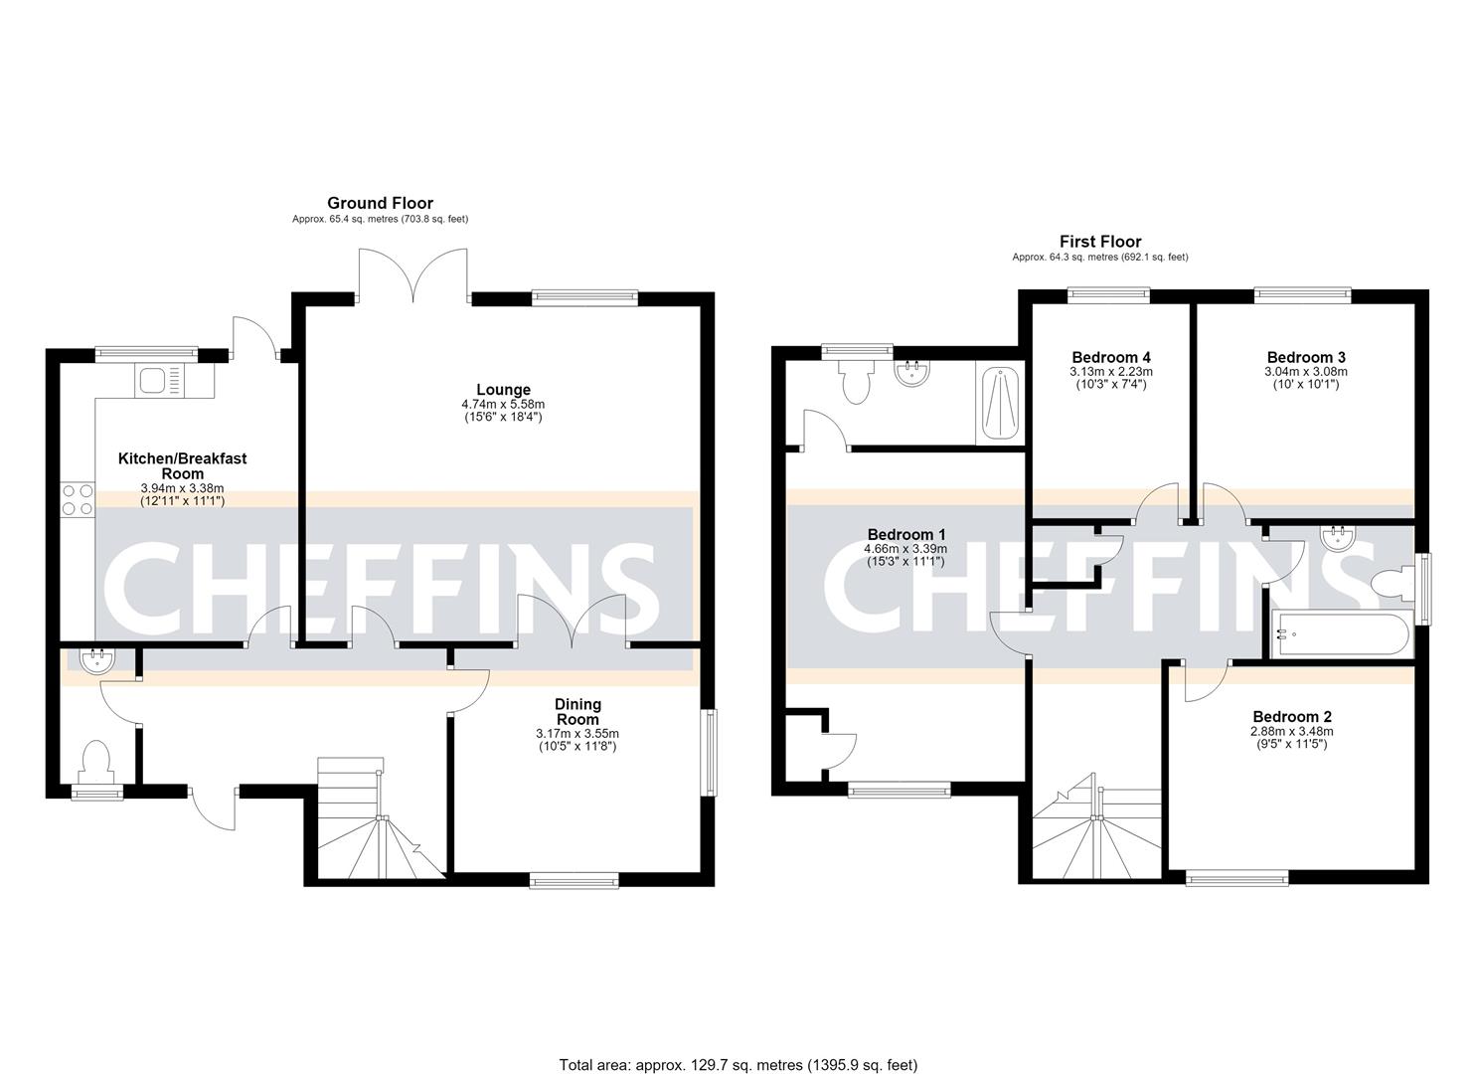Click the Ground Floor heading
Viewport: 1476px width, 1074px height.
tap(381, 203)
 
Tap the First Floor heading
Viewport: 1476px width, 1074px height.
tap(1100, 242)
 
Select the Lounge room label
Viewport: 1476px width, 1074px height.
tap(503, 390)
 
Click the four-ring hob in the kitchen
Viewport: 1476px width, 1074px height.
tap(78, 500)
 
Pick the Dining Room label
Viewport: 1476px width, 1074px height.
tap(577, 712)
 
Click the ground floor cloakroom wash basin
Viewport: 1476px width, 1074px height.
tap(98, 661)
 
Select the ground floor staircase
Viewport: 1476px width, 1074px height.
tap(381, 818)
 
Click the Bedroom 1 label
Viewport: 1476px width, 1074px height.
tap(906, 535)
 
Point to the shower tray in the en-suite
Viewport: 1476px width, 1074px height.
tap(1000, 404)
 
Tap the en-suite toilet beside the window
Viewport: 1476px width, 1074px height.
tap(856, 383)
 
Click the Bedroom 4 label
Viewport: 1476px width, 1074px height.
tap(1111, 357)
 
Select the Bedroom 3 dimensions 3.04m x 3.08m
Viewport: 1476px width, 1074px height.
tap(1305, 372)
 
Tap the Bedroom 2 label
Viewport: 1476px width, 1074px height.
tap(1292, 717)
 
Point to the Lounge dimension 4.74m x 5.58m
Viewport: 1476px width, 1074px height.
tap(503, 404)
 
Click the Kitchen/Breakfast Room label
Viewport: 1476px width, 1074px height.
tap(183, 466)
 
